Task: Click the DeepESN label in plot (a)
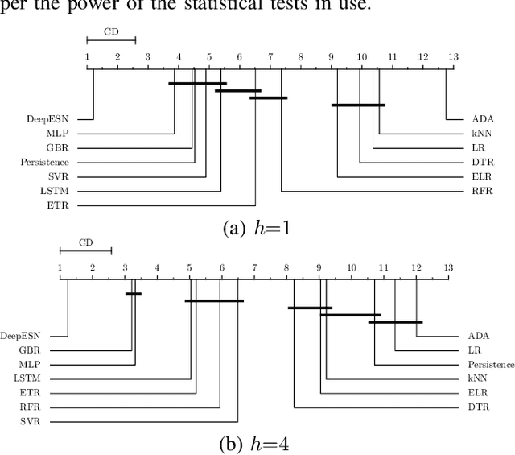point(44,119)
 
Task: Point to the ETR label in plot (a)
point(56,205)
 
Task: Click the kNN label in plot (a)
point(480,133)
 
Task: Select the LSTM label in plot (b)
point(37,378)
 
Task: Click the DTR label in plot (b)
point(478,407)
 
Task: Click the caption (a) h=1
point(257,228)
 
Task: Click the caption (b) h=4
point(257,442)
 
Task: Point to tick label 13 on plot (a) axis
point(452,57)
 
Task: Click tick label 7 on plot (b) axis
point(254,268)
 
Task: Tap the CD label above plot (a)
point(111,32)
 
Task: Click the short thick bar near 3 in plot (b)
point(134,293)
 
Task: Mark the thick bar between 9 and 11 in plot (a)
point(358,105)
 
